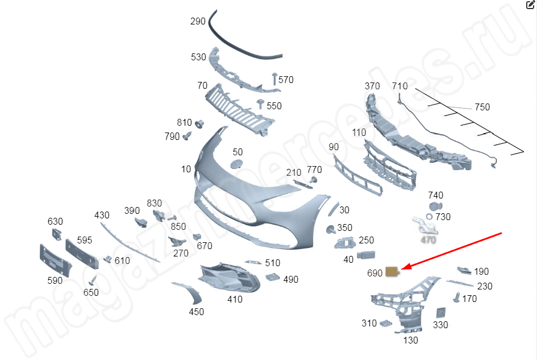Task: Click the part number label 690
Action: point(374,273)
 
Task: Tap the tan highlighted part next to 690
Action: point(392,271)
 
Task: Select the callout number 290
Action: point(198,22)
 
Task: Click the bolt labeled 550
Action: point(261,104)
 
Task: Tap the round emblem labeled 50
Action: point(236,164)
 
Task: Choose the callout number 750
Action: point(482,107)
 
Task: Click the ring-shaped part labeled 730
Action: point(430,217)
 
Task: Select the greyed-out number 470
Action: point(428,240)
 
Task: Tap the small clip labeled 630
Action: point(57,233)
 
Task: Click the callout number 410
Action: point(235,299)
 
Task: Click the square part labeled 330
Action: point(440,313)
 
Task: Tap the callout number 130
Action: point(410,340)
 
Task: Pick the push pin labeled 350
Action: point(330,230)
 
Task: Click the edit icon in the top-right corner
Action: point(531,5)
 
